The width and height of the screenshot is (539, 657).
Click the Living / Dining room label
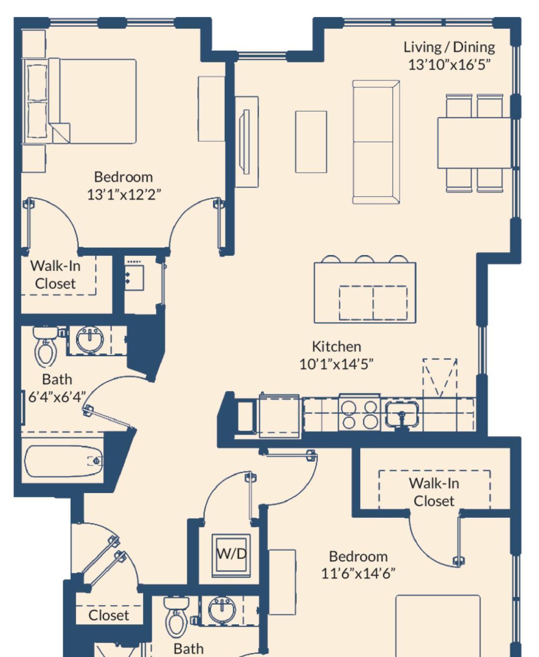(x=449, y=48)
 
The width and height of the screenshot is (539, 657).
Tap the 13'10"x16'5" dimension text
(x=449, y=65)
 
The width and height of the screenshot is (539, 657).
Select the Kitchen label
(x=337, y=346)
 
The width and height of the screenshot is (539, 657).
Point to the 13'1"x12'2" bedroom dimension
(x=124, y=195)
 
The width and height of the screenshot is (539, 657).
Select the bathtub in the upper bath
(x=64, y=461)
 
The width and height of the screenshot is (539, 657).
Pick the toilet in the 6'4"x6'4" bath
(x=46, y=346)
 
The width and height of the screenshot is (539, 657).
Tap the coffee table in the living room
(x=311, y=142)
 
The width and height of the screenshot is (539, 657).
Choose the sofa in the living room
(x=376, y=142)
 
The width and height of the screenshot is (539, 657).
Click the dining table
(x=474, y=143)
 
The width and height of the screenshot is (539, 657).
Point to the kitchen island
(x=365, y=293)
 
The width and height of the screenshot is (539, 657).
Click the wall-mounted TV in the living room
(x=246, y=142)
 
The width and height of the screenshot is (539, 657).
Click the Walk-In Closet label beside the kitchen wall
(x=433, y=492)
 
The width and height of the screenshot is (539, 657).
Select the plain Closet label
(x=108, y=615)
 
